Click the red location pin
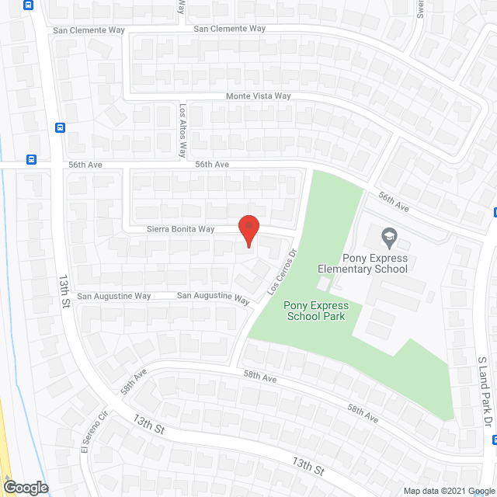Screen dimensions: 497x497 click(x=247, y=231)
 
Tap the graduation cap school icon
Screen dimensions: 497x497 click(x=389, y=235)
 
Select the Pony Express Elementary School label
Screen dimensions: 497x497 click(x=363, y=263)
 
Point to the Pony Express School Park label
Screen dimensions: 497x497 click(x=316, y=311)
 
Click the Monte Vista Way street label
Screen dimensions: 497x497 click(x=258, y=96)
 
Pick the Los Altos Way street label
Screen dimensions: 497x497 click(x=184, y=130)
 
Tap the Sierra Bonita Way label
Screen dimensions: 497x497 click(x=180, y=229)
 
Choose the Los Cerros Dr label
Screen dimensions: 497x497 click(x=283, y=271)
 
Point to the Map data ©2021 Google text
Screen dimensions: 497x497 click(x=447, y=491)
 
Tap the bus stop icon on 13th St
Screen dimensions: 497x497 click(x=60, y=128)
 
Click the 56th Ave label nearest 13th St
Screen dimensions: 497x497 click(x=84, y=165)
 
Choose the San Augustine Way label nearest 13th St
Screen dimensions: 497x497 click(x=113, y=296)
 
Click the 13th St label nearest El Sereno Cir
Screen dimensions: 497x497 click(x=149, y=424)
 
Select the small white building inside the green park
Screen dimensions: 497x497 click(x=323, y=284)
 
